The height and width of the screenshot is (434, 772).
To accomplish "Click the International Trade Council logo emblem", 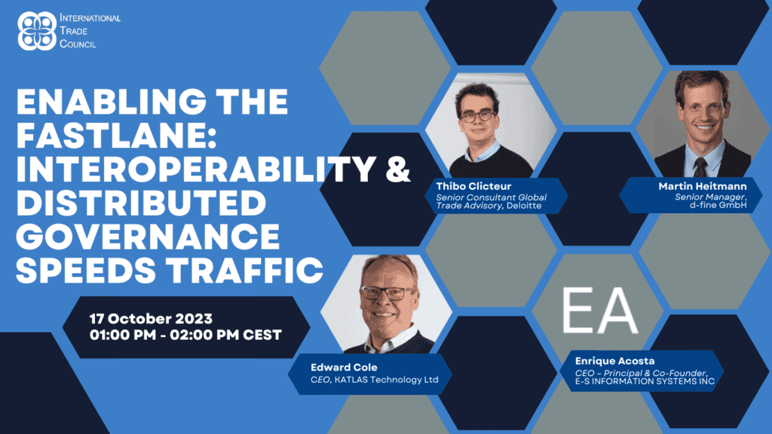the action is tap(37, 31).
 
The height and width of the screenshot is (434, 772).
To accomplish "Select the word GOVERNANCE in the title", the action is tap(149, 237).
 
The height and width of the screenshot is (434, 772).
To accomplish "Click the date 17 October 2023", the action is tap(151, 319).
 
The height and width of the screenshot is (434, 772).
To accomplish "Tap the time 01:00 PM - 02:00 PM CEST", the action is tap(185, 335).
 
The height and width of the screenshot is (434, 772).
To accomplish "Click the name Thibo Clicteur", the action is tap(473, 186).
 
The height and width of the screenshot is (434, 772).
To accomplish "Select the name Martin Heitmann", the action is tap(703, 186).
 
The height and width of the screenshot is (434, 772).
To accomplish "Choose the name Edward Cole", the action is tap(344, 367).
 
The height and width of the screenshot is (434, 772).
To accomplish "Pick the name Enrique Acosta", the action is tap(615, 361).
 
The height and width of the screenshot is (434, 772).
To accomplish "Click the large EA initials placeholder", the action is tap(599, 310).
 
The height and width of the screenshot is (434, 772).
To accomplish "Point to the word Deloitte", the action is tap(524, 206).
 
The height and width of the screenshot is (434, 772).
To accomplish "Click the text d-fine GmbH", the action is tap(718, 205).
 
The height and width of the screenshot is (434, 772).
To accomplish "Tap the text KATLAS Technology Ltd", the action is tap(387, 380).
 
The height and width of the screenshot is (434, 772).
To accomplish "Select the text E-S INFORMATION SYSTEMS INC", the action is tap(645, 381).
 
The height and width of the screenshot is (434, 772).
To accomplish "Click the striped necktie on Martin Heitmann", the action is tap(700, 167).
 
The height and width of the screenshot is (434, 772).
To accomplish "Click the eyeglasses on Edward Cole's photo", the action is tap(388, 294).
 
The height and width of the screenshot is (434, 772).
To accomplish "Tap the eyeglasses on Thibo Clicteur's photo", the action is tap(478, 116).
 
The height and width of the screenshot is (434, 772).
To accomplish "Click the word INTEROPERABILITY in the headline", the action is tap(196, 169).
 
